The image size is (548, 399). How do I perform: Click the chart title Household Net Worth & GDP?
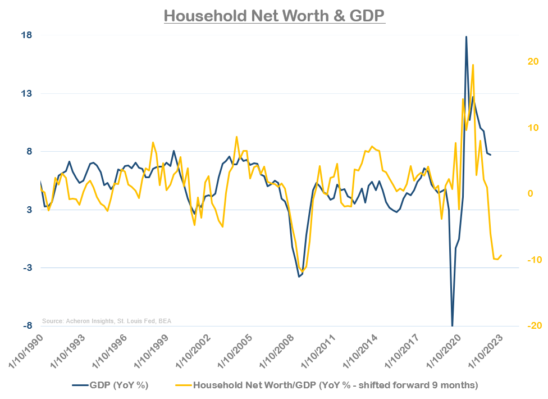(x=274, y=15)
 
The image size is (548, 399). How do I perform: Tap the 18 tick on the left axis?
(x=26, y=35)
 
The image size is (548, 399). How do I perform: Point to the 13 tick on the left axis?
(x=26, y=93)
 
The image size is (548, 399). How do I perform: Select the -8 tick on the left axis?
(x=26, y=326)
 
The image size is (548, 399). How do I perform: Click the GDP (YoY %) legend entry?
(x=110, y=385)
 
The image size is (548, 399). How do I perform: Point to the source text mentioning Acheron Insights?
(x=107, y=321)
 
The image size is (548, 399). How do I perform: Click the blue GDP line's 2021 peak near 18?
(x=466, y=37)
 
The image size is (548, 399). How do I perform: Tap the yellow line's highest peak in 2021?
(x=473, y=65)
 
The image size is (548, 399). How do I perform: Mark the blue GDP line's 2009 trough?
(x=299, y=276)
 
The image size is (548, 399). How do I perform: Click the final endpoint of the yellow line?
(x=501, y=255)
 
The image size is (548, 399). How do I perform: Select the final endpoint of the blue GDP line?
(x=490, y=155)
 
